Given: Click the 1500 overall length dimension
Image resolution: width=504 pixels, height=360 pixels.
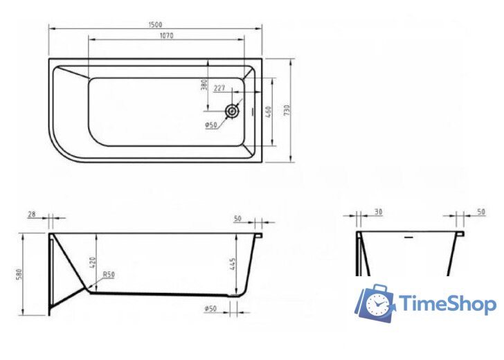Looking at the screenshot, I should pyautogui.click(x=156, y=24).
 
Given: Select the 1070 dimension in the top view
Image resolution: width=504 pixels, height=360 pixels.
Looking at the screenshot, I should pyautogui.click(x=165, y=35).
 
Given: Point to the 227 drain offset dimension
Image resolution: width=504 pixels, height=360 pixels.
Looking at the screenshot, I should pyautogui.click(x=219, y=88).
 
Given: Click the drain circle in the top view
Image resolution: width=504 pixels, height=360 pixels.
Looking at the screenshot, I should pyautogui.click(x=233, y=110).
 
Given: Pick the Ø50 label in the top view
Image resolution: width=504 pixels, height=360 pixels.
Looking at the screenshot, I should pyautogui.click(x=211, y=125).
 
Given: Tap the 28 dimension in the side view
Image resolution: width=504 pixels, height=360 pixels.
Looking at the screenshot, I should pyautogui.click(x=32, y=216).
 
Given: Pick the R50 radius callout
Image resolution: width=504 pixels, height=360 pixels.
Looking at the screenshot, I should pyautogui.click(x=109, y=275).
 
